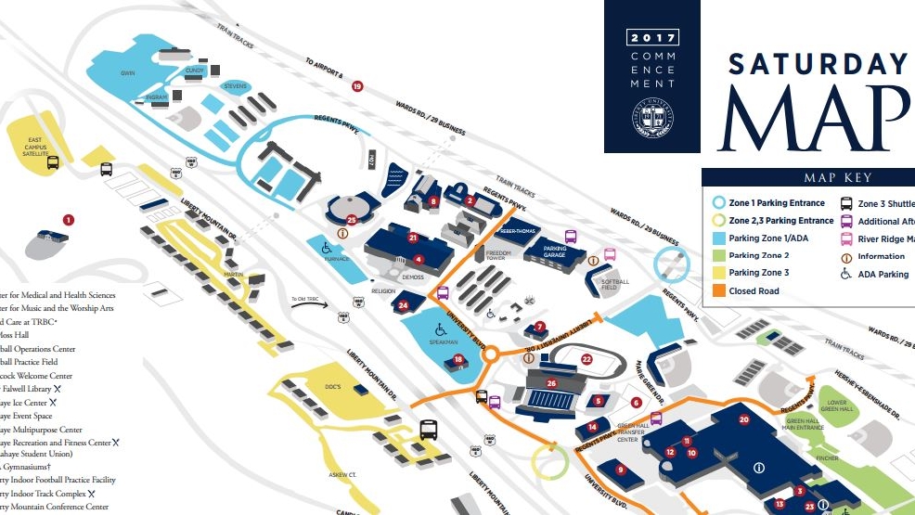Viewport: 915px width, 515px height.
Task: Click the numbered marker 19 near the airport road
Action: (357, 86)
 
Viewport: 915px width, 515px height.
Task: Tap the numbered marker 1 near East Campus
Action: (68, 219)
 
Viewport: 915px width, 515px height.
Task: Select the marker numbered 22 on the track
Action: (586, 359)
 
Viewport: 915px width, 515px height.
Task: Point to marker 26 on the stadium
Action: (551, 382)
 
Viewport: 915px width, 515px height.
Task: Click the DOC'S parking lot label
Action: (333, 386)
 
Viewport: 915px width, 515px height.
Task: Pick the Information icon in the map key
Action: (846, 257)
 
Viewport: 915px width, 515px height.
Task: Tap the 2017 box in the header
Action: (654, 38)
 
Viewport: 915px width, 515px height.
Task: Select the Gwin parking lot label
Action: (127, 72)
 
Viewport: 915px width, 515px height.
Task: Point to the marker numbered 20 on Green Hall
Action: (743, 419)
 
